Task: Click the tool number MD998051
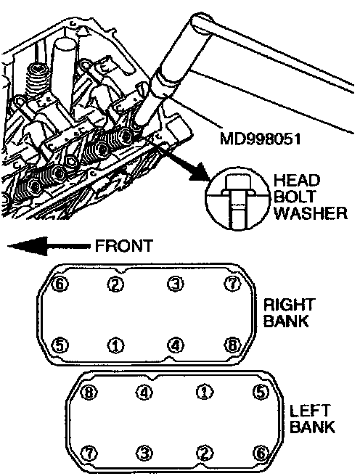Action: coord(260,139)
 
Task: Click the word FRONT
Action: coord(124,245)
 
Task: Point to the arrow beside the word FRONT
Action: coord(49,246)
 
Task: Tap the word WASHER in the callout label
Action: coord(310,213)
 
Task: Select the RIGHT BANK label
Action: coord(288,313)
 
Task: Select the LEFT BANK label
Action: coord(312,419)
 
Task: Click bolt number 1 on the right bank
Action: coord(116,346)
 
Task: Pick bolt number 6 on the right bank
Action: coord(60,284)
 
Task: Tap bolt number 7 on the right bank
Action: coord(232,284)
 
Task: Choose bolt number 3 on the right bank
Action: coord(176,284)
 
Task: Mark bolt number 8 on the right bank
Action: coord(232,345)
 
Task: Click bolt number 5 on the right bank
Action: coord(60,345)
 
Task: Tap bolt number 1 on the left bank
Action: coord(204,393)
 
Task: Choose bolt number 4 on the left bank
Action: coord(144,393)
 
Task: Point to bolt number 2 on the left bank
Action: coord(204,454)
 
